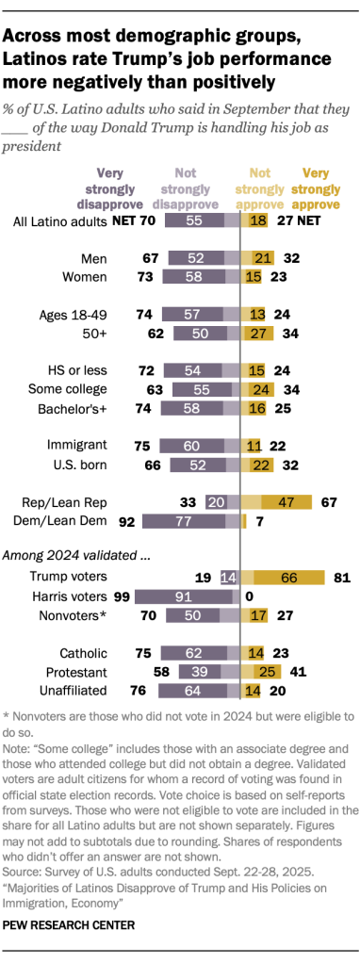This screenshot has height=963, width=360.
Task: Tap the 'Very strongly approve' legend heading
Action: pyautogui.click(x=321, y=189)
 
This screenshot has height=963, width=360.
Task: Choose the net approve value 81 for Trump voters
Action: pyautogui.click(x=343, y=576)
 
